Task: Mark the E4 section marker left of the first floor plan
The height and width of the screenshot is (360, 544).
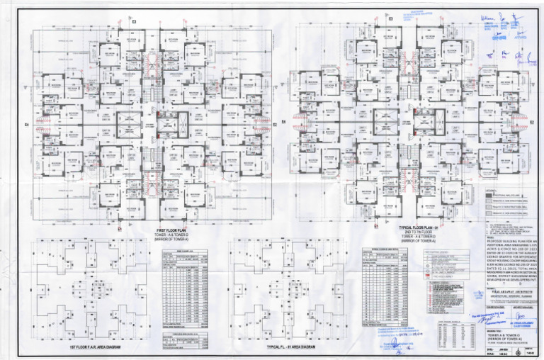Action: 28,126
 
